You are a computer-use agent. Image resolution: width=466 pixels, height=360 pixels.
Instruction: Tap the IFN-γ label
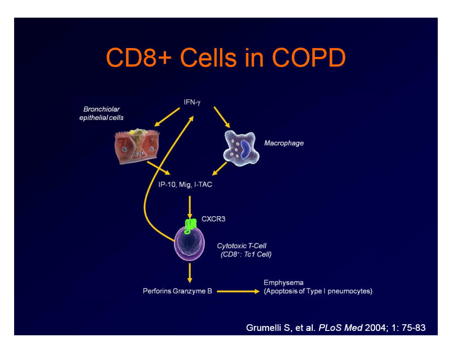192,102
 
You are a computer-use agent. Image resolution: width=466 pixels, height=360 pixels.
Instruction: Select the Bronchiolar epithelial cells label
101,114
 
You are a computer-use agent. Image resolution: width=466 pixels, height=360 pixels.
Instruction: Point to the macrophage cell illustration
240,147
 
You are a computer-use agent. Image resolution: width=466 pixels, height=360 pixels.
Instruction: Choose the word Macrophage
284,143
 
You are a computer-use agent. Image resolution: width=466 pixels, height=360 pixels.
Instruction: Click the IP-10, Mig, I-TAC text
185,184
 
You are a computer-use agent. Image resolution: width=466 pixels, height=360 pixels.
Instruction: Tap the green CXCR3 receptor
191,225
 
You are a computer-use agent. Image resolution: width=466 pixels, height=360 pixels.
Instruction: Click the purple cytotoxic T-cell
190,243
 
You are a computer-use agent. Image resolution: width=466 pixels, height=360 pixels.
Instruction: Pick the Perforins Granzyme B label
177,291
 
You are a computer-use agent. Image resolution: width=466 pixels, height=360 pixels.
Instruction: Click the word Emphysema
283,282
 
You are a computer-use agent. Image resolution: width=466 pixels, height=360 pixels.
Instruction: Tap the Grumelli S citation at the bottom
335,328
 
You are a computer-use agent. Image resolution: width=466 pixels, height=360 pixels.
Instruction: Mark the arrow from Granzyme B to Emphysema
237,291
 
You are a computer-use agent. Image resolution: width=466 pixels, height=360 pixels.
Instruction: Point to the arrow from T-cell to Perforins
190,273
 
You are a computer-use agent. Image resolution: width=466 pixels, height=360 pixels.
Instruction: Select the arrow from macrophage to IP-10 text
220,168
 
